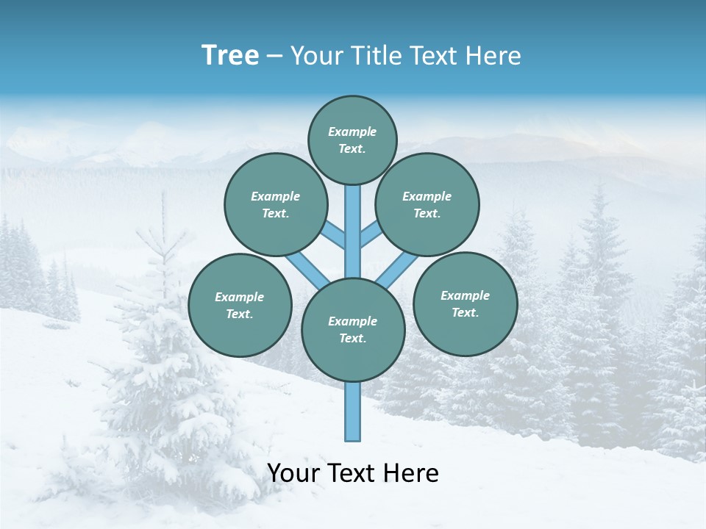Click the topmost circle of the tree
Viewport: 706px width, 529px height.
[352, 140]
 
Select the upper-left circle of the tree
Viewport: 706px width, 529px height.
[276, 204]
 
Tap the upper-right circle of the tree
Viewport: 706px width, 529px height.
[427, 204]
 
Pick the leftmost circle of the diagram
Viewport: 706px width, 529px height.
[240, 305]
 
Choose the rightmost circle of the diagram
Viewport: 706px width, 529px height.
[465, 303]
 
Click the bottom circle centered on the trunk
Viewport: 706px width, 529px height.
[353, 330]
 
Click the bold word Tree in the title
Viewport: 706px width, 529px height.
[230, 55]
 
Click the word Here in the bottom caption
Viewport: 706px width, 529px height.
[411, 473]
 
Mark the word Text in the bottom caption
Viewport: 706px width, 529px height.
[352, 473]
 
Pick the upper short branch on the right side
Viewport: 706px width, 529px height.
[371, 235]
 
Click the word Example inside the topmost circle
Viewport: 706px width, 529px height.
[352, 132]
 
